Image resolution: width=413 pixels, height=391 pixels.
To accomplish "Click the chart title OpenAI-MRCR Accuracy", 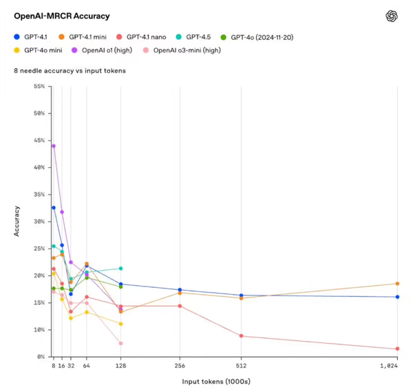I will (x=61, y=16).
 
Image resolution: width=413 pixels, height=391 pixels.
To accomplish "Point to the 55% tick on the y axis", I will (x=39, y=86).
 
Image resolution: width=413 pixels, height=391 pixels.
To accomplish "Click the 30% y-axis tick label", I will (x=39, y=221).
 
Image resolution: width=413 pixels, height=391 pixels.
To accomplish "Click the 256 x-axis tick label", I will (x=180, y=366).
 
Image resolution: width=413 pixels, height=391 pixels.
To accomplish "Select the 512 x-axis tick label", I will (x=241, y=366).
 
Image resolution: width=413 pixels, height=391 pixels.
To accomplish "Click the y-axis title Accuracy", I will (x=17, y=221).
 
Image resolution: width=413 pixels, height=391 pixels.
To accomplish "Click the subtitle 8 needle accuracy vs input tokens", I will (x=69, y=71).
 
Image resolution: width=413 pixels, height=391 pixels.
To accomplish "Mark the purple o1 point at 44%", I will (x=54, y=146).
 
